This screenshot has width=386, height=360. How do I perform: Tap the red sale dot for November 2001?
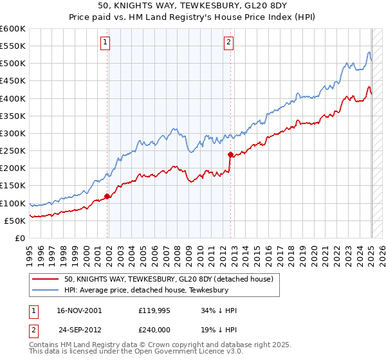107,196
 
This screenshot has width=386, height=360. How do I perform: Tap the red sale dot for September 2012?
230,154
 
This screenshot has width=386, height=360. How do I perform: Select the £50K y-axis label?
15,221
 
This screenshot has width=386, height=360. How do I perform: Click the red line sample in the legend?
46,279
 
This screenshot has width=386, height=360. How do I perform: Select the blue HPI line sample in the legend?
46,290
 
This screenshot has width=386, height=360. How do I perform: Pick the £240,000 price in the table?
158,330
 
